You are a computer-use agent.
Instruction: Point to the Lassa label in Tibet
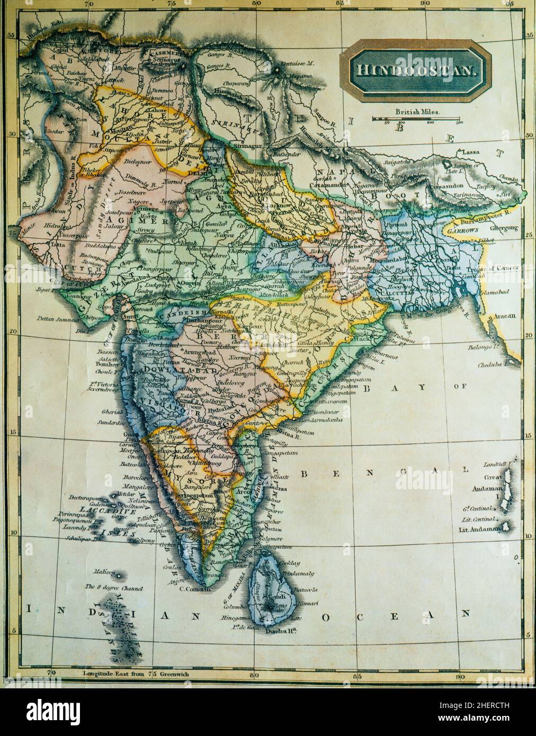pos(471,152)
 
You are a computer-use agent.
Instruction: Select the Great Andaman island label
pos(483,479)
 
